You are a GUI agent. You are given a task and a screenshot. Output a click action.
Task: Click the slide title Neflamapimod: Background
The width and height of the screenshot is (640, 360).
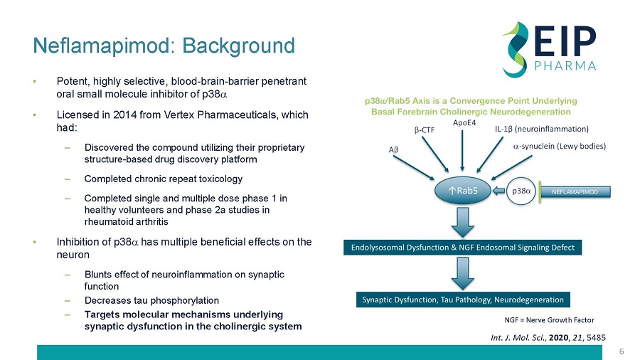click(x=164, y=46)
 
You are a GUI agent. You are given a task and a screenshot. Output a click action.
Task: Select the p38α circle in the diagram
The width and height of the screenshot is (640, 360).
click(x=521, y=191)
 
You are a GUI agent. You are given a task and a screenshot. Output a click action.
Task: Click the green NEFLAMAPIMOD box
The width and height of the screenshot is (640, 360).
click(x=575, y=191)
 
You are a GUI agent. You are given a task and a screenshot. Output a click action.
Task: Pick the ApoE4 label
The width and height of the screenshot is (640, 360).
click(x=464, y=123)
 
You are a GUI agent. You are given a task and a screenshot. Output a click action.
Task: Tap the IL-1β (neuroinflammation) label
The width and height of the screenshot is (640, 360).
click(x=541, y=129)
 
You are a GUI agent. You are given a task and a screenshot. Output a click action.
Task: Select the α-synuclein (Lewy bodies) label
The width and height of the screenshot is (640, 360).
click(x=559, y=147)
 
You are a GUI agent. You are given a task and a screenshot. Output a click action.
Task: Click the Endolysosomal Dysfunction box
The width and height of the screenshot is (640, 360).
click(x=464, y=248)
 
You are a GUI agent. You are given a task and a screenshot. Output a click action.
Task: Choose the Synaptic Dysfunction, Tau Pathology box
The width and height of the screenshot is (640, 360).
click(x=464, y=300)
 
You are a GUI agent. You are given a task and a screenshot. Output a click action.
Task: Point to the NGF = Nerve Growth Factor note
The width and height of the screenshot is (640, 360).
click(x=548, y=320)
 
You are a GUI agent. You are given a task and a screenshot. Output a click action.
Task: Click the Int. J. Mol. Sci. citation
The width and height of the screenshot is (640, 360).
click(x=544, y=335)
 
